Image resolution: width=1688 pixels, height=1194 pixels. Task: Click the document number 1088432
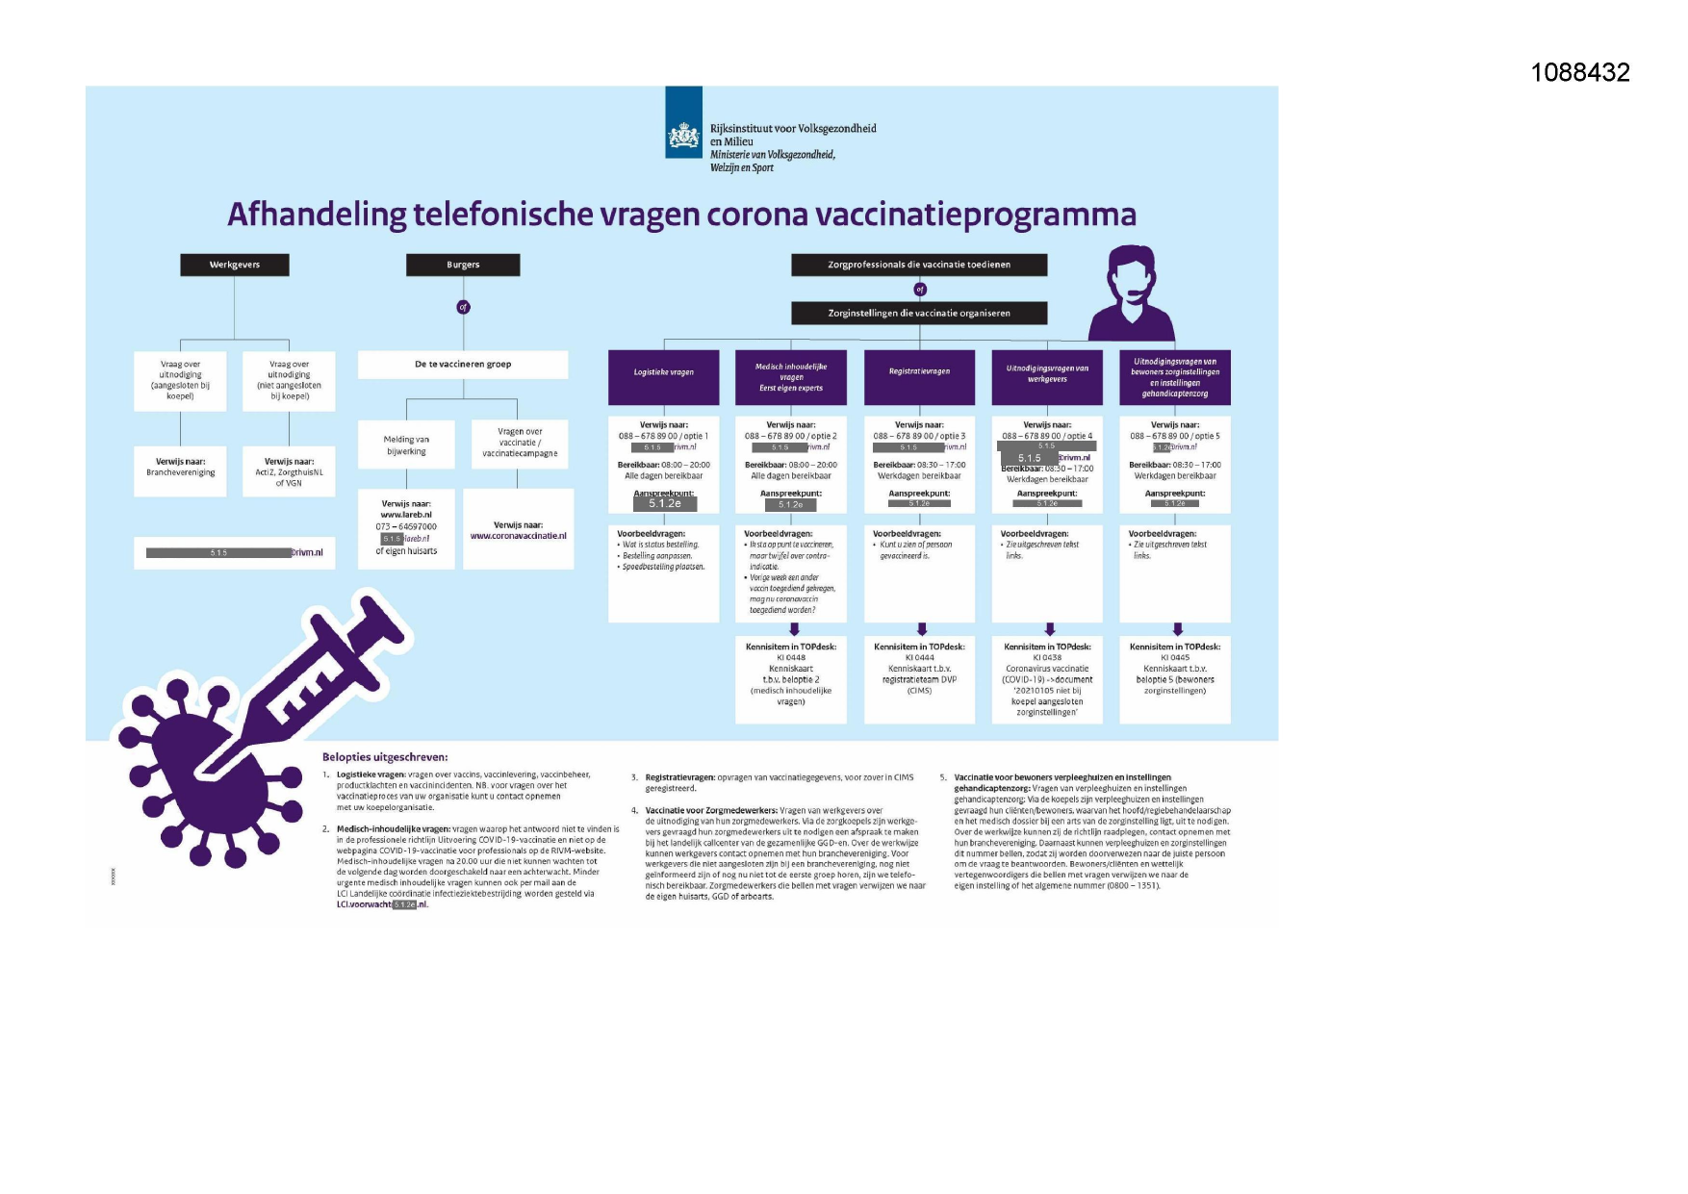point(1580,72)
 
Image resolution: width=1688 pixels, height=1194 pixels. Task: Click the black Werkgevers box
point(235,265)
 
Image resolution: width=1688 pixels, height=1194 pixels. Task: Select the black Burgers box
point(463,265)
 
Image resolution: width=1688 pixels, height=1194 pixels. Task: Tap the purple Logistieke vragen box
point(663,372)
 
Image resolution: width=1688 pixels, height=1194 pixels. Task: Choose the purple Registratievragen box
point(919,371)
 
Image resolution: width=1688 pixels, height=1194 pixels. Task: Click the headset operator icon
point(1131,292)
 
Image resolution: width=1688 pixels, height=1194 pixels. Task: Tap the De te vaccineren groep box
point(463,365)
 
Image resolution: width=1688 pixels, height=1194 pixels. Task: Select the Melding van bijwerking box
point(406,445)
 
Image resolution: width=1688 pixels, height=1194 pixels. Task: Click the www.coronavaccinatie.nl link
point(518,536)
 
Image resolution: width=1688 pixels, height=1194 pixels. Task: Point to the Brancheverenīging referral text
point(181,472)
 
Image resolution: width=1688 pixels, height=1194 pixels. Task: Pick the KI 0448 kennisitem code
point(791,658)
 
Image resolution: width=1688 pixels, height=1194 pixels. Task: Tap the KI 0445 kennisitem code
point(1174,658)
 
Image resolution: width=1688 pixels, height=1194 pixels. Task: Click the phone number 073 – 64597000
point(406,526)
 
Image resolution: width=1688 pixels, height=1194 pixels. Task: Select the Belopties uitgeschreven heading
point(385,757)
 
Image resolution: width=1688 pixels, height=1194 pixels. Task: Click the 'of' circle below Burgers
point(463,307)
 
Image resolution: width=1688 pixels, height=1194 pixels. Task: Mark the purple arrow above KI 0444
point(921,629)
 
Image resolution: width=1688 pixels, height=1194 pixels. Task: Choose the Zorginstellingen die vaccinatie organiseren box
point(919,313)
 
